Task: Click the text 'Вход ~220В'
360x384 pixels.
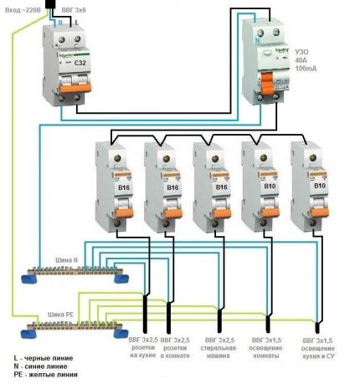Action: click(21, 8)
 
